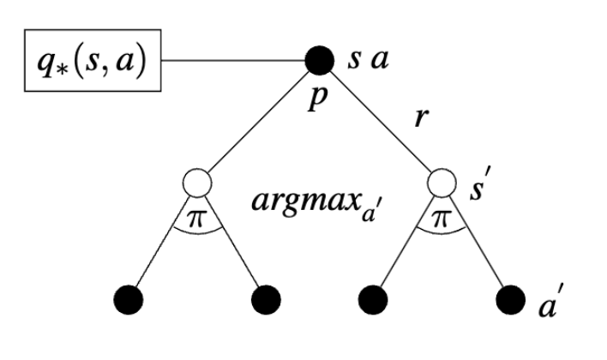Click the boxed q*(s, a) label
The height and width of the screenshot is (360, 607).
pyautogui.click(x=83, y=62)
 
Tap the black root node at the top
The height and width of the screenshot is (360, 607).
pyautogui.click(x=320, y=60)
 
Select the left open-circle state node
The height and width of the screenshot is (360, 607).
pyautogui.click(x=198, y=183)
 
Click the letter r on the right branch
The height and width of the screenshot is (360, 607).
pyautogui.click(x=420, y=118)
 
